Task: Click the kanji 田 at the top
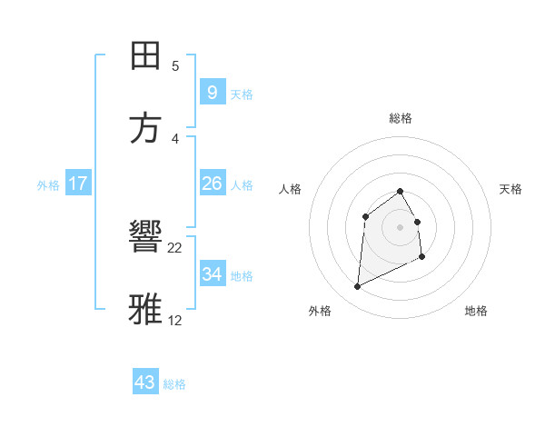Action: click(145, 56)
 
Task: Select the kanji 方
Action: click(145, 129)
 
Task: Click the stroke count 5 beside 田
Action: click(175, 65)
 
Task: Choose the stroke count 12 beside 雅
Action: click(175, 320)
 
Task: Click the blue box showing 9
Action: click(212, 92)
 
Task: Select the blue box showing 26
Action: click(212, 184)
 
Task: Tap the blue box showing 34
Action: click(212, 273)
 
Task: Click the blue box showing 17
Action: click(78, 184)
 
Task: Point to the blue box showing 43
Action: click(144, 382)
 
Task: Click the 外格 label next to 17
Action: click(48, 185)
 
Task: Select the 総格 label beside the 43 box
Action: click(174, 384)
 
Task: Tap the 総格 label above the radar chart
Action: click(401, 118)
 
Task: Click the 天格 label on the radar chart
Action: click(511, 189)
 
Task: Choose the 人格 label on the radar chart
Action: click(290, 189)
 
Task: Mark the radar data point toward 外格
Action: click(357, 287)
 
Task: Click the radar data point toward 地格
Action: click(422, 257)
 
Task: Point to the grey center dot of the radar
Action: click(400, 227)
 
